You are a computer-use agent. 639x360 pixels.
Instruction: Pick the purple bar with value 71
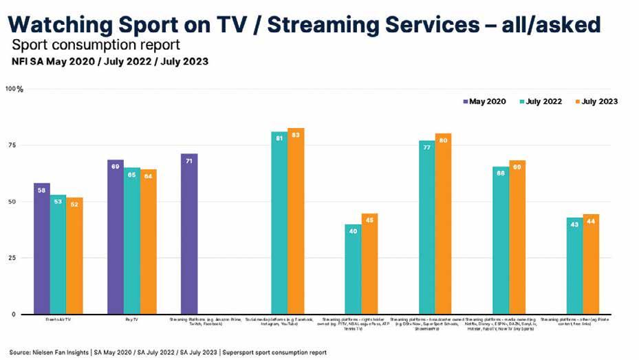pyautogui.click(x=188, y=234)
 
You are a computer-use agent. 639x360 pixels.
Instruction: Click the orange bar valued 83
pyautogui.click(x=296, y=221)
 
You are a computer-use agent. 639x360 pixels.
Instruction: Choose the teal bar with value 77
pyautogui.click(x=426, y=227)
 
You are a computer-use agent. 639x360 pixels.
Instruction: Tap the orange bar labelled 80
pyautogui.click(x=443, y=224)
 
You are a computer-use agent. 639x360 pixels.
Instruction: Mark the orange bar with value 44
pyautogui.click(x=591, y=264)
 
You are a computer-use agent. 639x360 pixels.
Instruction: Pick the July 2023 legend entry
pyautogui.click(x=596, y=101)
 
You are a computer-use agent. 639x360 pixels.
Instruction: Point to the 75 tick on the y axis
pyautogui.click(x=12, y=145)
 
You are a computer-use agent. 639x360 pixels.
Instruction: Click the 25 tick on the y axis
pyautogui.click(x=12, y=257)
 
